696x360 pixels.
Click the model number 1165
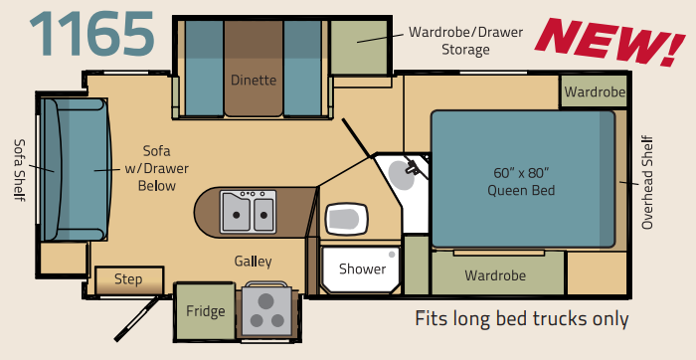tap(91, 34)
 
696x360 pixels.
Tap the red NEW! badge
tap(609, 42)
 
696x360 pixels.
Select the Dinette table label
tap(254, 81)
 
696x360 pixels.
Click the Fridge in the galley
tap(206, 311)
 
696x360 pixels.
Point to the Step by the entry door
tap(128, 279)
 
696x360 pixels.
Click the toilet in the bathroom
tap(347, 219)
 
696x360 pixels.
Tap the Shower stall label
tap(362, 269)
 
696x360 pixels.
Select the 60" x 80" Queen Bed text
tap(521, 182)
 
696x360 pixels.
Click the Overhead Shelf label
tap(647, 182)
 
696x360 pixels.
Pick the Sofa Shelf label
tap(20, 170)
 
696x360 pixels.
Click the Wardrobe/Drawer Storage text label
tap(465, 41)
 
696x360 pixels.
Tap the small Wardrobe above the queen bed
tap(595, 91)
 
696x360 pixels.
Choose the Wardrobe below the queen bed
tap(497, 274)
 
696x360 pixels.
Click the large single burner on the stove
tap(265, 301)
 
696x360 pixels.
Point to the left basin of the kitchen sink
tap(236, 213)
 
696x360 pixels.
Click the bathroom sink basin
tap(402, 175)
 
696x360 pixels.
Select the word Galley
tap(253, 262)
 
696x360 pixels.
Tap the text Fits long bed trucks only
tap(522, 318)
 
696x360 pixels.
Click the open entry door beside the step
tap(137, 318)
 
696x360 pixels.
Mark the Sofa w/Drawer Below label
tap(156, 168)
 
